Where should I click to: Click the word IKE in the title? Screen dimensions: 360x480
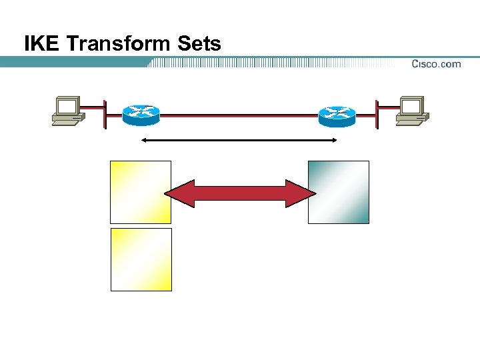(43, 44)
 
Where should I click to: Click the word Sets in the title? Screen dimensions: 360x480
(199, 44)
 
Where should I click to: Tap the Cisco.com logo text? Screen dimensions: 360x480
(436, 64)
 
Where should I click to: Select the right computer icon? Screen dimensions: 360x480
(412, 111)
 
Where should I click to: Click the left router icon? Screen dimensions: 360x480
(141, 115)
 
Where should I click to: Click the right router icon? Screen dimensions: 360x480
(337, 115)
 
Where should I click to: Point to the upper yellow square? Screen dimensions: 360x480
(141, 192)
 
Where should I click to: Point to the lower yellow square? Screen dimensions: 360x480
(141, 259)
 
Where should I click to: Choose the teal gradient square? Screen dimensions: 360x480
(338, 192)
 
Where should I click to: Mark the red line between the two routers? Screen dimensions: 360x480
(239, 115)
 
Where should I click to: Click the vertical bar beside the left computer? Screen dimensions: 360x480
(105, 114)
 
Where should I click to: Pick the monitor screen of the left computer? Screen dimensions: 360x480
(67, 106)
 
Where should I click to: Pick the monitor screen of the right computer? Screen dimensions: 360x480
(411, 106)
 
